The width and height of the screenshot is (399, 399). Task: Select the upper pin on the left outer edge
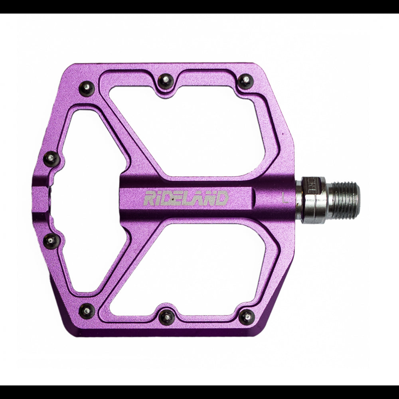tap(51, 159)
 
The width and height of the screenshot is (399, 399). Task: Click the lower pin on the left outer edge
tap(51, 241)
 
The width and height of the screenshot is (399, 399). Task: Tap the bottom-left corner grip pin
tap(87, 311)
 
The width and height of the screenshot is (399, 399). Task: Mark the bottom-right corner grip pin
tap(247, 317)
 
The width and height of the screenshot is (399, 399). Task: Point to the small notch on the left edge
tap(40, 199)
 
